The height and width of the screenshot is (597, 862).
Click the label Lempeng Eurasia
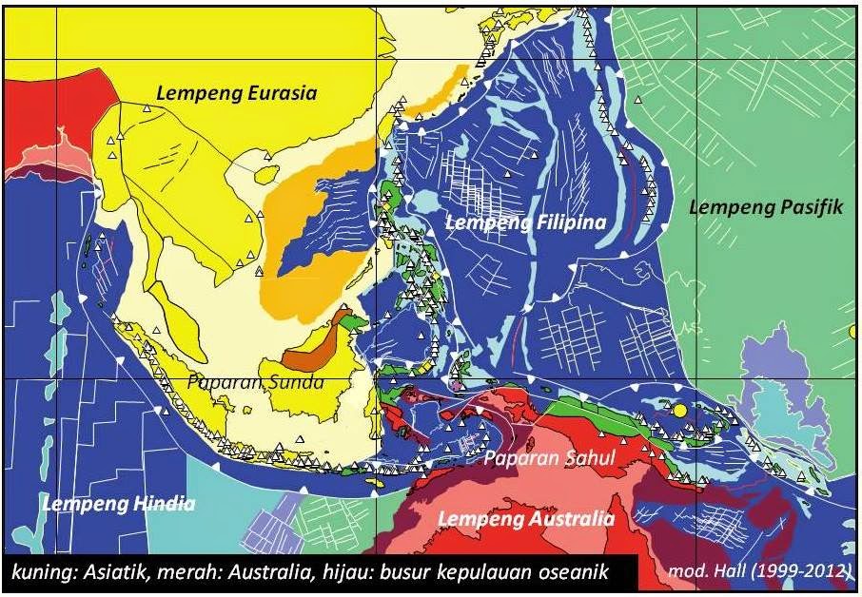click(x=236, y=93)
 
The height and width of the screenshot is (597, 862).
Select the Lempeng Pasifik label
click(x=766, y=206)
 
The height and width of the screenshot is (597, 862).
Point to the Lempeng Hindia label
click(x=119, y=503)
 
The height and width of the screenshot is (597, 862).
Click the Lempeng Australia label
click(x=525, y=519)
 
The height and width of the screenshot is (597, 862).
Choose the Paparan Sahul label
click(x=550, y=457)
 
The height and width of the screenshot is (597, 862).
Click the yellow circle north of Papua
click(x=679, y=411)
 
